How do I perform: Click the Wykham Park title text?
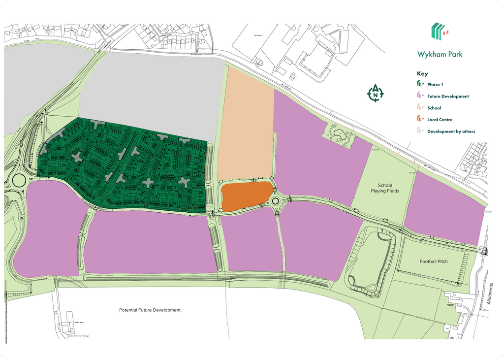440,54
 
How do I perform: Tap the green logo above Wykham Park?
440,31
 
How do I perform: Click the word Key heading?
422,74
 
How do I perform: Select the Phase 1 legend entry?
435,85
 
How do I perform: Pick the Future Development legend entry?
447,97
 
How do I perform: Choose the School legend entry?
434,108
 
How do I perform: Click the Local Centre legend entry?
440,120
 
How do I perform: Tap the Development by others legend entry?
451,131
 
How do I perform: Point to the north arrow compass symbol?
376,94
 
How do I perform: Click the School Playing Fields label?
385,188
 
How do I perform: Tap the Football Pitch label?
434,262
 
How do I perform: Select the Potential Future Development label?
150,310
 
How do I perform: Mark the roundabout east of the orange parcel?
276,201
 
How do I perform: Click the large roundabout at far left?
19,180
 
